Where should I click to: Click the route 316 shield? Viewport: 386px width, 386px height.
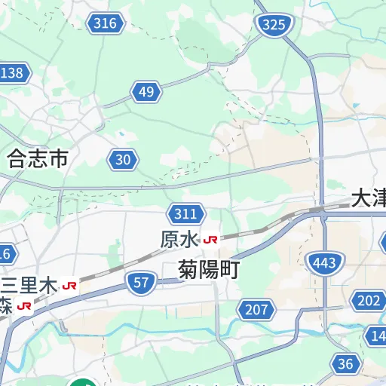[106, 23]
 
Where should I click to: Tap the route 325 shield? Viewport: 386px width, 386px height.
[274, 25]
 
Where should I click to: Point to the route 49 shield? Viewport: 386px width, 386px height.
[147, 93]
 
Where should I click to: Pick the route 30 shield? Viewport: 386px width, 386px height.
[124, 159]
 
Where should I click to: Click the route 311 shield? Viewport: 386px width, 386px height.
[185, 214]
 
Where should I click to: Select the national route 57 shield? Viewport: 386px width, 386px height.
[141, 283]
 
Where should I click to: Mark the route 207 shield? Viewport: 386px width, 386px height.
[257, 308]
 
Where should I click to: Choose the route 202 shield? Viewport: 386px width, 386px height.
[369, 302]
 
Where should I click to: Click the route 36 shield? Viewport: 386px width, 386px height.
[345, 365]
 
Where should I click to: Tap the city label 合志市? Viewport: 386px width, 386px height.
[38, 158]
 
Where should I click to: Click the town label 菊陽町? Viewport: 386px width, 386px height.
[208, 270]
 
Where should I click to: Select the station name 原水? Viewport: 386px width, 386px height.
[179, 239]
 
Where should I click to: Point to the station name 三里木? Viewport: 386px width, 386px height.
[29, 286]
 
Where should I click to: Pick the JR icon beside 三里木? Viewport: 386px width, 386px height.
[70, 286]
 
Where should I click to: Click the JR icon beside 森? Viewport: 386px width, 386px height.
[25, 306]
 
